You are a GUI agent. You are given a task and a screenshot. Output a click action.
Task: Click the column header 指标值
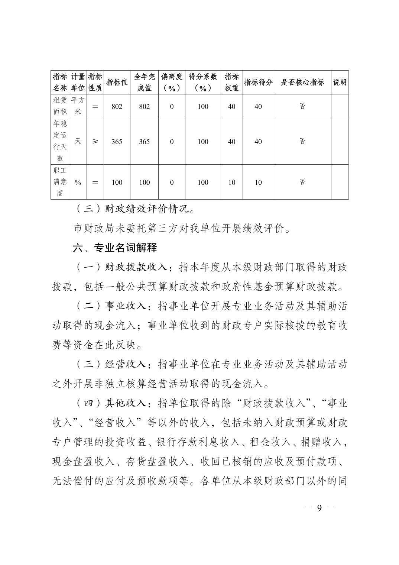pyautogui.click(x=117, y=83)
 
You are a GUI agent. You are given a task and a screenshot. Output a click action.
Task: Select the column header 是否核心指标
pyautogui.click(x=302, y=83)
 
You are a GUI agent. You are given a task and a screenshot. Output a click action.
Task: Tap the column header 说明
pyautogui.click(x=340, y=83)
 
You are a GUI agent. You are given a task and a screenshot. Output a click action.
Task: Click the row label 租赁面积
pyautogui.click(x=60, y=106)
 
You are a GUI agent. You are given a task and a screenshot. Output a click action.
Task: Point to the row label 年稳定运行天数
pyautogui.click(x=60, y=141)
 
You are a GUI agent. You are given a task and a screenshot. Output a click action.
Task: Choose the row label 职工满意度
pyautogui.click(x=60, y=182)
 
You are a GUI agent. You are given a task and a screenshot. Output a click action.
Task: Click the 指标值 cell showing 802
pyautogui.click(x=117, y=106)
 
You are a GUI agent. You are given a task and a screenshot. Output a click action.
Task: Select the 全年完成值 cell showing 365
pyautogui.click(x=144, y=142)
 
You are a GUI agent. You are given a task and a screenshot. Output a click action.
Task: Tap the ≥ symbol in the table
pyautogui.click(x=95, y=141)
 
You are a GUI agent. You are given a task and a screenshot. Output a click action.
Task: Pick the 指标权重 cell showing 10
pyautogui.click(x=231, y=183)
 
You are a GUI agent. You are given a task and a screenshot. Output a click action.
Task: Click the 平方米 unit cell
pyautogui.click(x=78, y=106)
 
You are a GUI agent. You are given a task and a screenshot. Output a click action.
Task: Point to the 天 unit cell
pyautogui.click(x=78, y=141)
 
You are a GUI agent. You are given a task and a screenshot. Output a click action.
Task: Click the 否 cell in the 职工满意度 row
pyautogui.click(x=302, y=182)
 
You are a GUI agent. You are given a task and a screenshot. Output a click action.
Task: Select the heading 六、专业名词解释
pyautogui.click(x=115, y=248)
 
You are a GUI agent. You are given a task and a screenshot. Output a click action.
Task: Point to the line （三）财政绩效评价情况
pyautogui.click(x=134, y=209)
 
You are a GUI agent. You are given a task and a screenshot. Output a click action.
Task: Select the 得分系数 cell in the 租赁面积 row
pyautogui.click(x=203, y=106)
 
